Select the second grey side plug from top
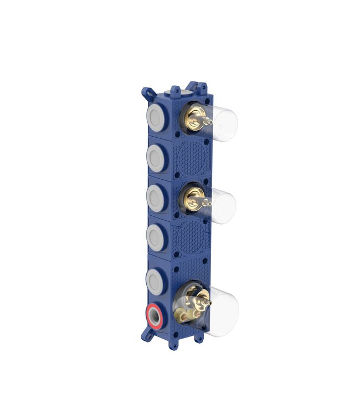156,158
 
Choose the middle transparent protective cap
224,206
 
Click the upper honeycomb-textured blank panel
189,159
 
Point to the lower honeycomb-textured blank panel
189,239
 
